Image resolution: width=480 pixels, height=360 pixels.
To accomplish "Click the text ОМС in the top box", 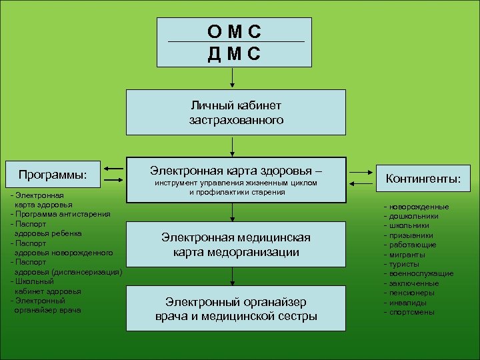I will (233, 31).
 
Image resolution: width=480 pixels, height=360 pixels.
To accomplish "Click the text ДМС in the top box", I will (233, 53).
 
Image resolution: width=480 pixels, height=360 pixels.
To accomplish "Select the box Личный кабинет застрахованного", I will (236, 113).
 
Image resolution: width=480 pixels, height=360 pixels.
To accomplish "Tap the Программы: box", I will (53, 175).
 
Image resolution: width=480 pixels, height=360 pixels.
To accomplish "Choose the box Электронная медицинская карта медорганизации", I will (236, 245).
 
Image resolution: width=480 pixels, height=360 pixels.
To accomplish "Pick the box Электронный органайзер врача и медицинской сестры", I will (236, 308).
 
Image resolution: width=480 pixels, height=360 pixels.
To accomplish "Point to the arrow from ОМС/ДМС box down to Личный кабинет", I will (232, 78).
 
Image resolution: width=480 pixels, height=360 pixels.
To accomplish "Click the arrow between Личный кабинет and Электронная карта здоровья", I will (232, 146).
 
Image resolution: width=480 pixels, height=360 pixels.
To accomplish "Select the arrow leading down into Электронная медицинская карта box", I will (232, 212).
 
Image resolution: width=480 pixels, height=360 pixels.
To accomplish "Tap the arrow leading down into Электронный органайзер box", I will (232, 277).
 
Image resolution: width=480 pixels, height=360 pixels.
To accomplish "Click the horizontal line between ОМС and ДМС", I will (236, 42).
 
